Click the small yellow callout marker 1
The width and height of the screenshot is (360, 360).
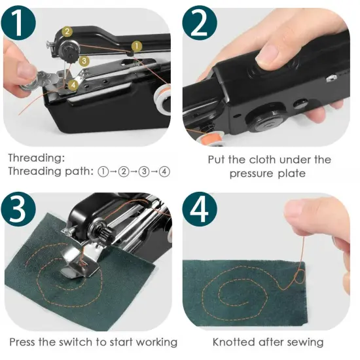click(x=136, y=46)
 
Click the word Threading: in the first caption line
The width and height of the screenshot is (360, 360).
click(x=36, y=158)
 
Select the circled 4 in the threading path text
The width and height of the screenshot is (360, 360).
click(x=164, y=171)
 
